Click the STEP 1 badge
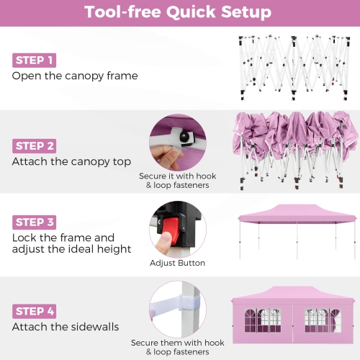[x=33, y=60]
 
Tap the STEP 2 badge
[x=34, y=145]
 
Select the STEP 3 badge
[x=34, y=222]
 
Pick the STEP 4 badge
[x=34, y=311]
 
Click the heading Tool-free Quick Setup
[x=178, y=12]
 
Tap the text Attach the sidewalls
[x=66, y=327]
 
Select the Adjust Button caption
[x=177, y=264]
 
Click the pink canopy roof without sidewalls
[x=297, y=213]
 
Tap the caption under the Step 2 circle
[x=177, y=181]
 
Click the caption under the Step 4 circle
[x=177, y=347]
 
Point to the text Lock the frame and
[x=63, y=238]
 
